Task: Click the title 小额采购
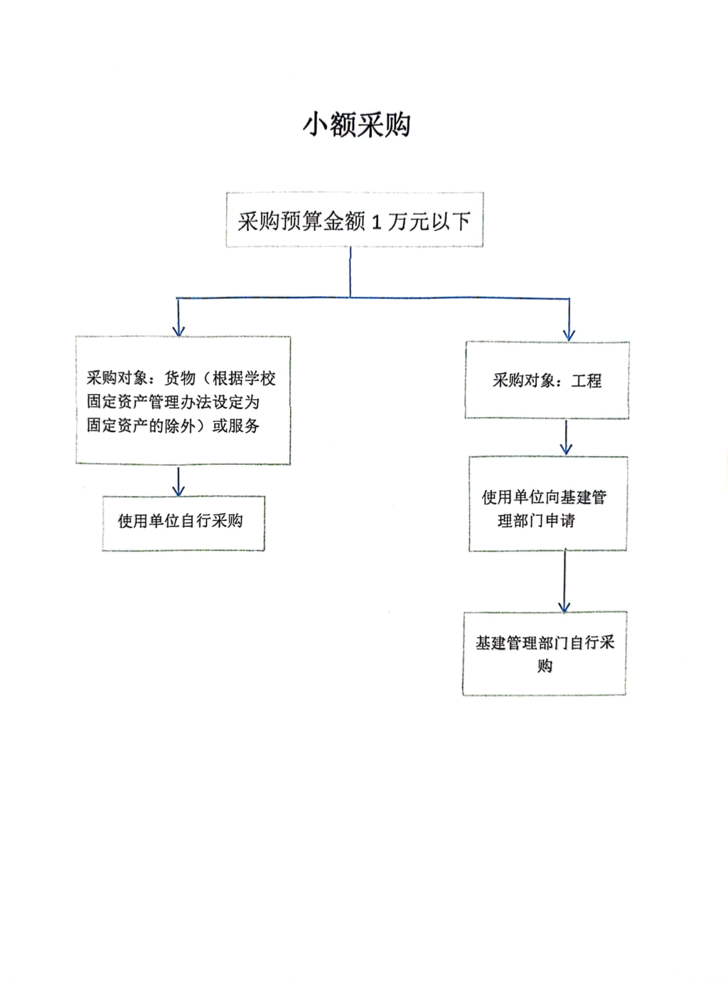357,125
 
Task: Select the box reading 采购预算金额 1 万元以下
355,219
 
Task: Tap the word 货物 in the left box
180,378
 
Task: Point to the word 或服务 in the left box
235,426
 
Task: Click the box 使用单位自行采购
183,524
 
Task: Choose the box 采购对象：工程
547,380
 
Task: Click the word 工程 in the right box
587,380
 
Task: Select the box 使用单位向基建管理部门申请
548,504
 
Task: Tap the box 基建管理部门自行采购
545,654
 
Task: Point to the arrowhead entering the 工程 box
569,335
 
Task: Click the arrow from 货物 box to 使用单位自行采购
178,482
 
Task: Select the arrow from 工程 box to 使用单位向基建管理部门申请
566,438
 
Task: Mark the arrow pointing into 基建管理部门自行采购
564,581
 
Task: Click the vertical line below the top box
350,272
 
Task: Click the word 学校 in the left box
259,378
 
